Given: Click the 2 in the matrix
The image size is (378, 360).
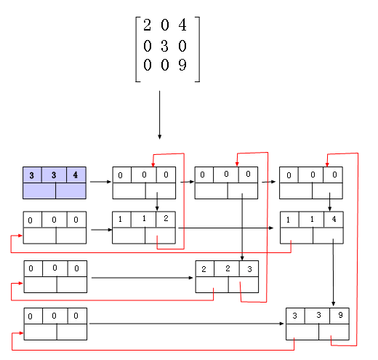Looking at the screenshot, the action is point(147,25).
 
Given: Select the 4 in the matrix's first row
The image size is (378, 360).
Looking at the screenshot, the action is point(182,25).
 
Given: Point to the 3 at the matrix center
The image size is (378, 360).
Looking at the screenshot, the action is point(164,46).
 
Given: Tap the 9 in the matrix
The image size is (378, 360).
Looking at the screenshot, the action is point(182,65).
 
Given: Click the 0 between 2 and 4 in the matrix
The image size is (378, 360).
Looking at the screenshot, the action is point(165,25).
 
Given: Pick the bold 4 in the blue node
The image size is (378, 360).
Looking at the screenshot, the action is point(76,175).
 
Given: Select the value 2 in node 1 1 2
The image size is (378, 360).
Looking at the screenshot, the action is point(166,218).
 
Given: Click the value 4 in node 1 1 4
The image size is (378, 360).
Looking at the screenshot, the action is point(334,219).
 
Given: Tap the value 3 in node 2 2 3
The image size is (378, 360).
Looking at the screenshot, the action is point(249,269).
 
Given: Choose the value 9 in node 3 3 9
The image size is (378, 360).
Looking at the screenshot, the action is point(340,315).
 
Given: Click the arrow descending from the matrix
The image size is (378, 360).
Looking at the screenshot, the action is point(159,115).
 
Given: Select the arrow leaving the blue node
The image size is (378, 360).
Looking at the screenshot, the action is point(100,182).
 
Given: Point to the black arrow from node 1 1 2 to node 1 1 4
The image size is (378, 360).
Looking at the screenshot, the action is point(226,228).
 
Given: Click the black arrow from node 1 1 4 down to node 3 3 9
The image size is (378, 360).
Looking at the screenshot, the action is point(333,273).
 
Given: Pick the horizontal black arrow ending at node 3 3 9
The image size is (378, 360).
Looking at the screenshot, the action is point(187,324).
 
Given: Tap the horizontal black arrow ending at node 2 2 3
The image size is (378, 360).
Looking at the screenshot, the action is point(142,278).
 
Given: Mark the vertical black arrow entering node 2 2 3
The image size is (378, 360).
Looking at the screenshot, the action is point(242,227).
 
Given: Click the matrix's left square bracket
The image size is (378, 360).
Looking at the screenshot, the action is point(137,49).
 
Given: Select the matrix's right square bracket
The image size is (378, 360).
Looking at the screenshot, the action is point(198,49).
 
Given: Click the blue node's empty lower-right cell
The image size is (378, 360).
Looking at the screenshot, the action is point(71,191).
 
